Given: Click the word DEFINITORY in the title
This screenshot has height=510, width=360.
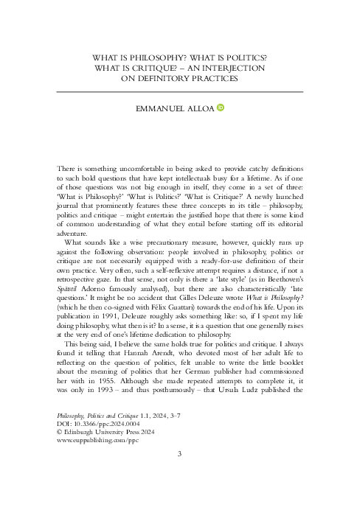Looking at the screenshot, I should (x=169, y=80).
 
